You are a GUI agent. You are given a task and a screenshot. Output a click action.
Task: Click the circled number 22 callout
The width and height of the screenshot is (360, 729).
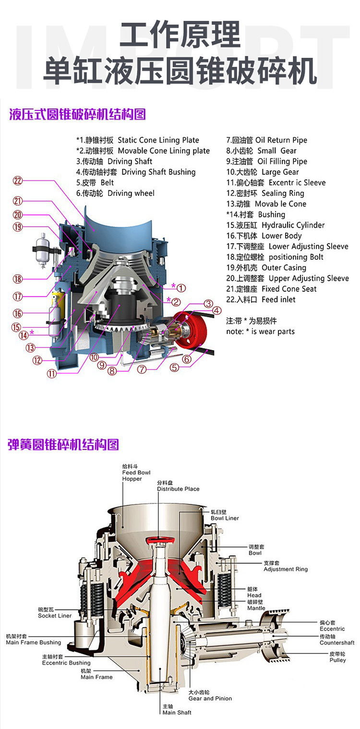[18, 181]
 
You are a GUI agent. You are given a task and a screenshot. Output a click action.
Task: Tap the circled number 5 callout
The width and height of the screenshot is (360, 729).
[175, 368]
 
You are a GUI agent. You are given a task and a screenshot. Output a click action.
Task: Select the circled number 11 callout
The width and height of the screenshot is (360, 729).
[51, 374]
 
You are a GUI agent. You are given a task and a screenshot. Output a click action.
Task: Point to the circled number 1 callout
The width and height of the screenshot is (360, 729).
[180, 288]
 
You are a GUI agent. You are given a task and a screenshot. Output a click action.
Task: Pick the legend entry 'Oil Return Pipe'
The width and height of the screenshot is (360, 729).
[266, 140]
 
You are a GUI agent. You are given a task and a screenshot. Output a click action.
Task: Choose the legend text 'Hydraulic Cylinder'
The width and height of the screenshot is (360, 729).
[276, 225]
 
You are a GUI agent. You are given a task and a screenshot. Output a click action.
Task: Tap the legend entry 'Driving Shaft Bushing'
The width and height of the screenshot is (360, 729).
[136, 172]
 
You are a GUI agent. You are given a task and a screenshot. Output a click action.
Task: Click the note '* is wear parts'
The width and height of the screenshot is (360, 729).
[260, 331]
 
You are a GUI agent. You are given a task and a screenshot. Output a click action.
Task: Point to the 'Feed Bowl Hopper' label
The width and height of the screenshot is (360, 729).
[132, 473]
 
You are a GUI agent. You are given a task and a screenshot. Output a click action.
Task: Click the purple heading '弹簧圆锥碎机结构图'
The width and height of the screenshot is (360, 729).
[63, 444]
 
